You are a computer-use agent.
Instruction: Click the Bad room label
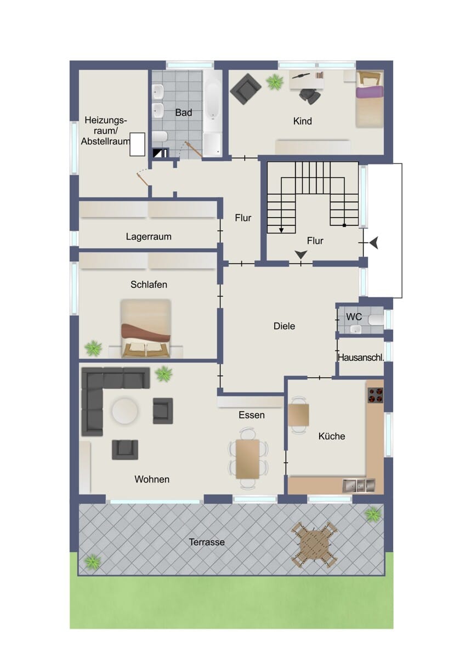184,112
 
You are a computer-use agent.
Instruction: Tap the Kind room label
303,121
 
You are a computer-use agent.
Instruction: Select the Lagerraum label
149,237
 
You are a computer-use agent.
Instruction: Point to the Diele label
284,326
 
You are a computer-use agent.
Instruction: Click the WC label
354,317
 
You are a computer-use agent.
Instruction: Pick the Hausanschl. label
361,358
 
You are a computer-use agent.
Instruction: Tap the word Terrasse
207,542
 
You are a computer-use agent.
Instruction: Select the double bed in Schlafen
146,328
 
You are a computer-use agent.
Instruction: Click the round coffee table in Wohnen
124,411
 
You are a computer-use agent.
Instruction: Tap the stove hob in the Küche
376,395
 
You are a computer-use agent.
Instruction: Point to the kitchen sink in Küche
359,486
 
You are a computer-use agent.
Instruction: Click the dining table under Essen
248,459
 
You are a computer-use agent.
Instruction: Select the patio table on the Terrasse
314,545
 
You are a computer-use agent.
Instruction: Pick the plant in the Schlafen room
93,348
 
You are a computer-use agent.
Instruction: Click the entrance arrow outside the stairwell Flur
374,243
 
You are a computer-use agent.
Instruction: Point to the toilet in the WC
377,320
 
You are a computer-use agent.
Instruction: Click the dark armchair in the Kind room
246,89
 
